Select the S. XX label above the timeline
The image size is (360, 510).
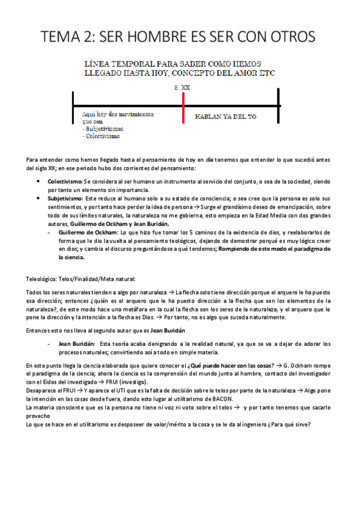click(x=182, y=87)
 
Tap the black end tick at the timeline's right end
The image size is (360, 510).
click(x=278, y=106)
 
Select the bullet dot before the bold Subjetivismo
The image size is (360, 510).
click(x=39, y=198)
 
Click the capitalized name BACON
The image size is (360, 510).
click(x=235, y=400)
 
